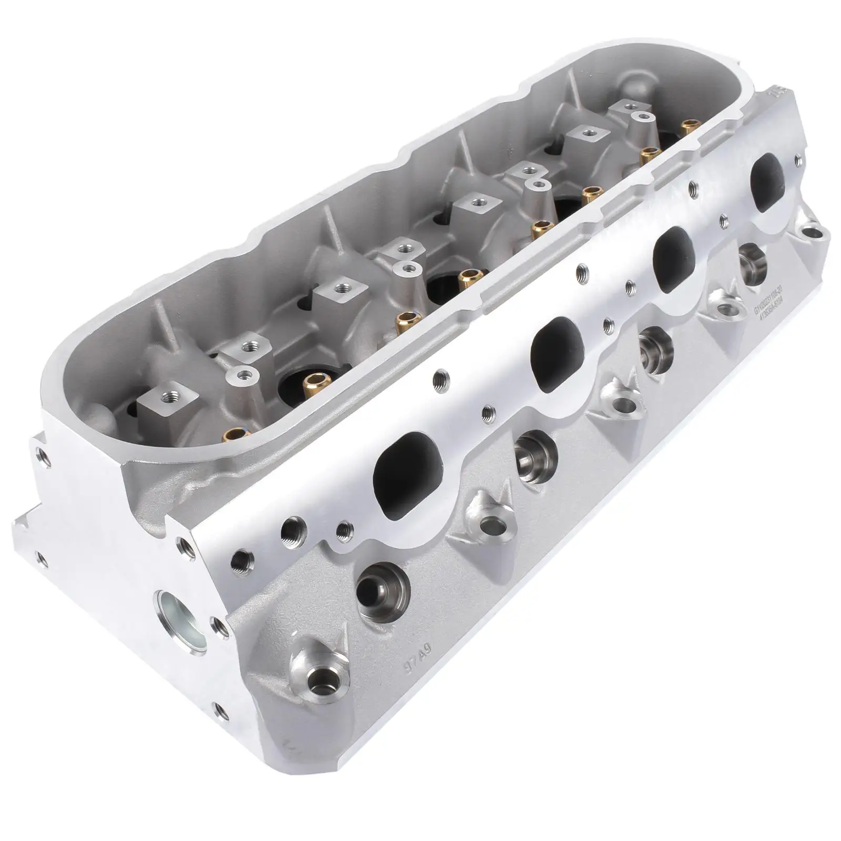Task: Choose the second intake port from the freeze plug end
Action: (x=558, y=346)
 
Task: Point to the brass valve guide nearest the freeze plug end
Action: (x=232, y=434)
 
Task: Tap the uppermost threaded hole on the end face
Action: (x=40, y=457)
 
